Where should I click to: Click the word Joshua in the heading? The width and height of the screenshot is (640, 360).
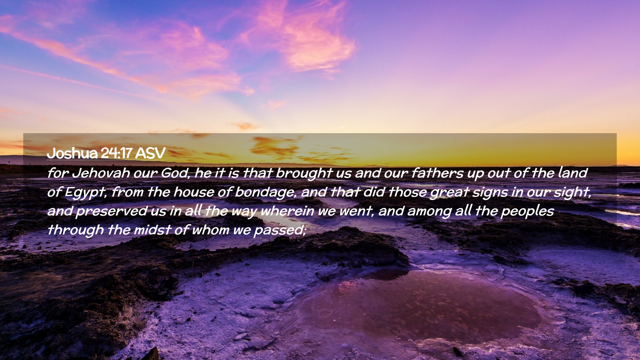coord(72,153)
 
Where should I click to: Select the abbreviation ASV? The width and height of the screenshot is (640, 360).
coord(150,153)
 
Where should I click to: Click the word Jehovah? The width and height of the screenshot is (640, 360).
coord(101,173)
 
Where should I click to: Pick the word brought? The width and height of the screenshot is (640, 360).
coord(304,173)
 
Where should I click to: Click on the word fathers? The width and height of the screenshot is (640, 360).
coord(437,173)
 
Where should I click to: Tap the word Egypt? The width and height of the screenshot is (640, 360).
coord(86,192)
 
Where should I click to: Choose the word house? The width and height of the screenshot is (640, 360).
coord(194,192)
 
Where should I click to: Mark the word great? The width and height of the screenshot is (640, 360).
coord(450,193)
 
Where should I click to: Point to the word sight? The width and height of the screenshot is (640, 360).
coord(573,193)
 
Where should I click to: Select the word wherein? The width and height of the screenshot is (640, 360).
coord(287,211)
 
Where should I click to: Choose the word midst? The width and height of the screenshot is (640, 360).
coord(152,230)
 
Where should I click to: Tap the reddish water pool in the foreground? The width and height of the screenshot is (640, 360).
coord(417,307)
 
